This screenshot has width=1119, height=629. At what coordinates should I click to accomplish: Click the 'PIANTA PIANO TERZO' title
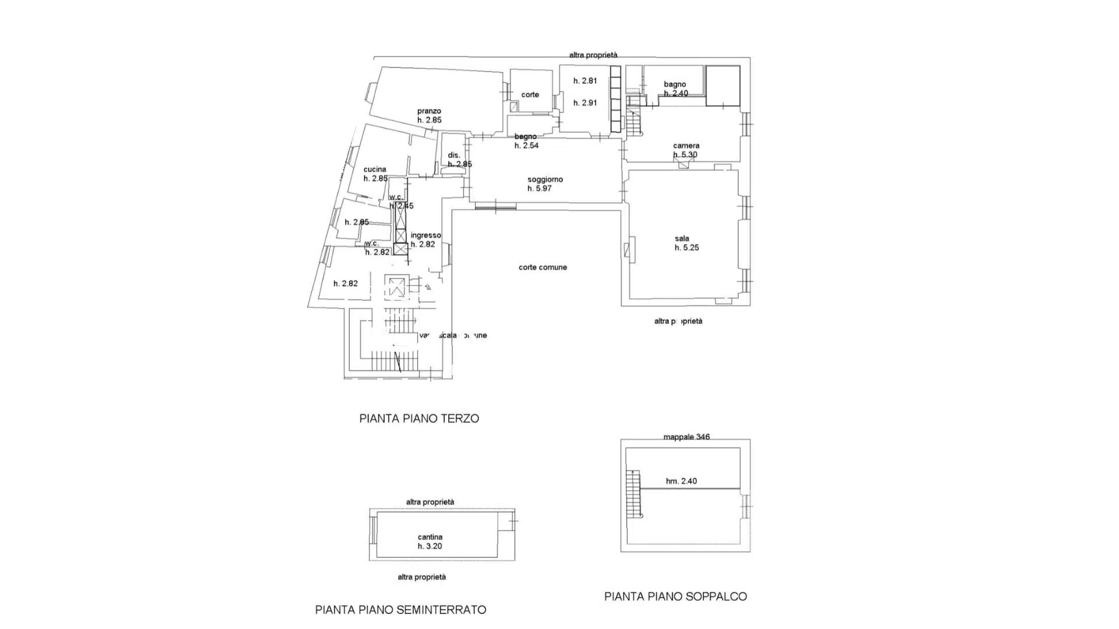tap(419, 418)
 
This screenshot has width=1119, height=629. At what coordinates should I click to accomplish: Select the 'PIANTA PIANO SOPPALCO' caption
tap(675, 596)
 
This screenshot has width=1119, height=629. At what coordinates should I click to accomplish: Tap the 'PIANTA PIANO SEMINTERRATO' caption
tap(400, 610)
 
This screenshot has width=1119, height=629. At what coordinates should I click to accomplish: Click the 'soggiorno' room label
tap(545, 179)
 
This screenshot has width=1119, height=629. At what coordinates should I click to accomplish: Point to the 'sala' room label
tap(682, 238)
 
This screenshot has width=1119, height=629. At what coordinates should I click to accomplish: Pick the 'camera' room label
tap(686, 146)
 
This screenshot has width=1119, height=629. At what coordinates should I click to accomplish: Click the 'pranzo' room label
tap(429, 111)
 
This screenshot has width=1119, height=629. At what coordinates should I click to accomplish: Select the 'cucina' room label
tap(375, 169)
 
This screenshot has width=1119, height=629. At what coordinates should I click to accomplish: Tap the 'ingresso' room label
tap(425, 235)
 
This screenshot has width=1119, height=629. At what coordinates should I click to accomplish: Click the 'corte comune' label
tap(543, 267)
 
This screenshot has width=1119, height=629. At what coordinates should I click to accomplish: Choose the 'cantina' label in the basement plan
tap(430, 537)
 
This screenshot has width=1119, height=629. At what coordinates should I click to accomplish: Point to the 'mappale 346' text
tap(687, 437)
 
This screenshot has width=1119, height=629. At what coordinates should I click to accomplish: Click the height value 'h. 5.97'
tap(540, 189)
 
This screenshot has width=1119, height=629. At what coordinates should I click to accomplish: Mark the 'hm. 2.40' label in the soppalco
tap(681, 481)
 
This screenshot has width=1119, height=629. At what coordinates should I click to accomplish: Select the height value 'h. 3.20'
tap(430, 546)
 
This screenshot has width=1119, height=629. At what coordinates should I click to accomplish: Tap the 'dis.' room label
tap(454, 155)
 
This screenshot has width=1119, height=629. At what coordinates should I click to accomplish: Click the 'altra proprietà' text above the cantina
tap(430, 502)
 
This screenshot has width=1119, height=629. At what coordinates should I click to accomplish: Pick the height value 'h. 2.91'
tap(585, 103)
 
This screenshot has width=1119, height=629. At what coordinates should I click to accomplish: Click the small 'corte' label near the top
tap(530, 94)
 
